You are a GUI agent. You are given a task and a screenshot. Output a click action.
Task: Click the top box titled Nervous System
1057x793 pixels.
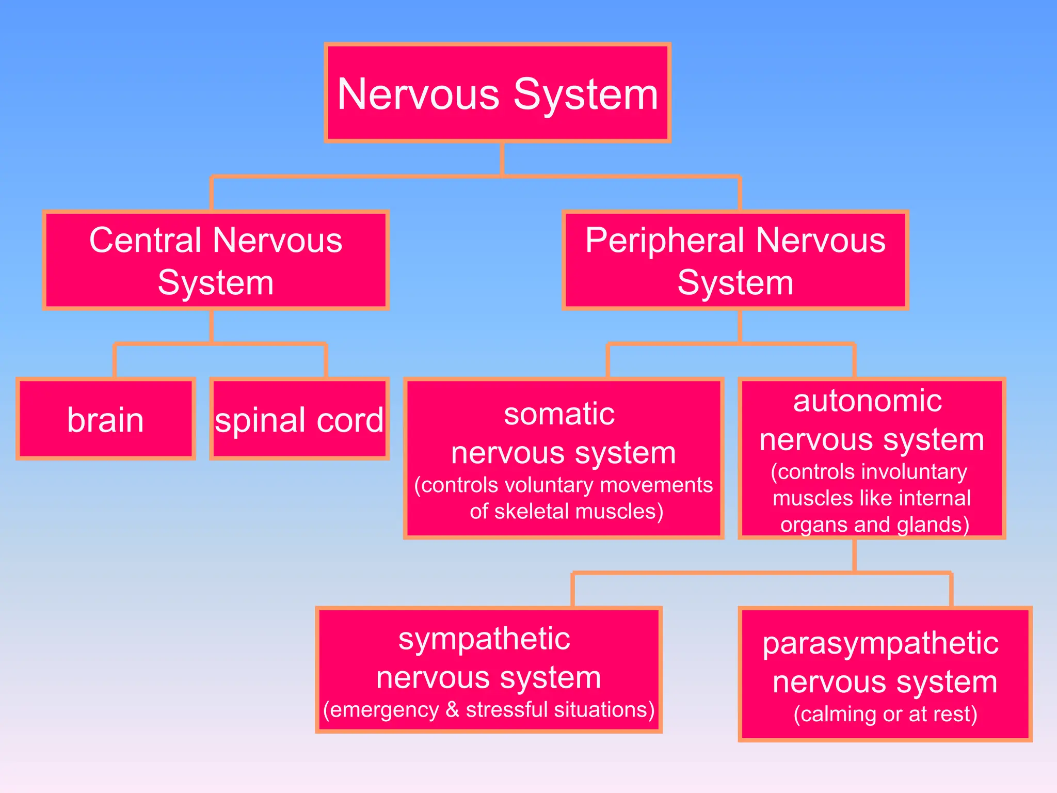(498, 93)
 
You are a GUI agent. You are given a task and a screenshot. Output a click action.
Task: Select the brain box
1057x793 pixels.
(106, 419)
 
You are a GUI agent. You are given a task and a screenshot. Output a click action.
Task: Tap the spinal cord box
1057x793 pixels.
(299, 419)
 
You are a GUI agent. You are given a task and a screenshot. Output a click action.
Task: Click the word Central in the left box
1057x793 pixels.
(145, 241)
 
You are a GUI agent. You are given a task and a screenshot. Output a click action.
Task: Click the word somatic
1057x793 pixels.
(559, 414)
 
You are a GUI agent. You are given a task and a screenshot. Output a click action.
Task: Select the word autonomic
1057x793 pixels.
(867, 401)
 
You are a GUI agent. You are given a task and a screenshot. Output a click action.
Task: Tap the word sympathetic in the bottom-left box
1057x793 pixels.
(484, 639)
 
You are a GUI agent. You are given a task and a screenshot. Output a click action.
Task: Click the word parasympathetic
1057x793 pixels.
(880, 644)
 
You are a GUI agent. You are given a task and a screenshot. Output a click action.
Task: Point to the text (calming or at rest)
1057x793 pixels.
(885, 714)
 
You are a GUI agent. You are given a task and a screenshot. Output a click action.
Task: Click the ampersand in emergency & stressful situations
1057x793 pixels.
(452, 709)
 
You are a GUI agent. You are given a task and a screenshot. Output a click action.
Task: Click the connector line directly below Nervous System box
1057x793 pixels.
(502, 159)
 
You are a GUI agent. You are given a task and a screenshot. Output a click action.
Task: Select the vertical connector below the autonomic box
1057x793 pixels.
(855, 556)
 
